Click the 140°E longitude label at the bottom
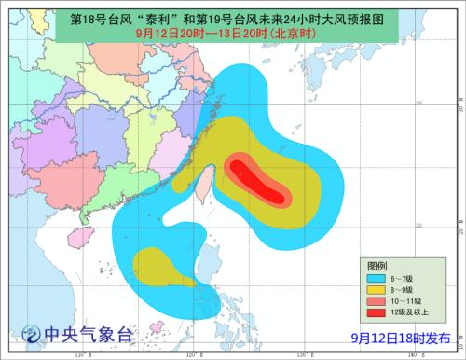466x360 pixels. coord(428,354)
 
